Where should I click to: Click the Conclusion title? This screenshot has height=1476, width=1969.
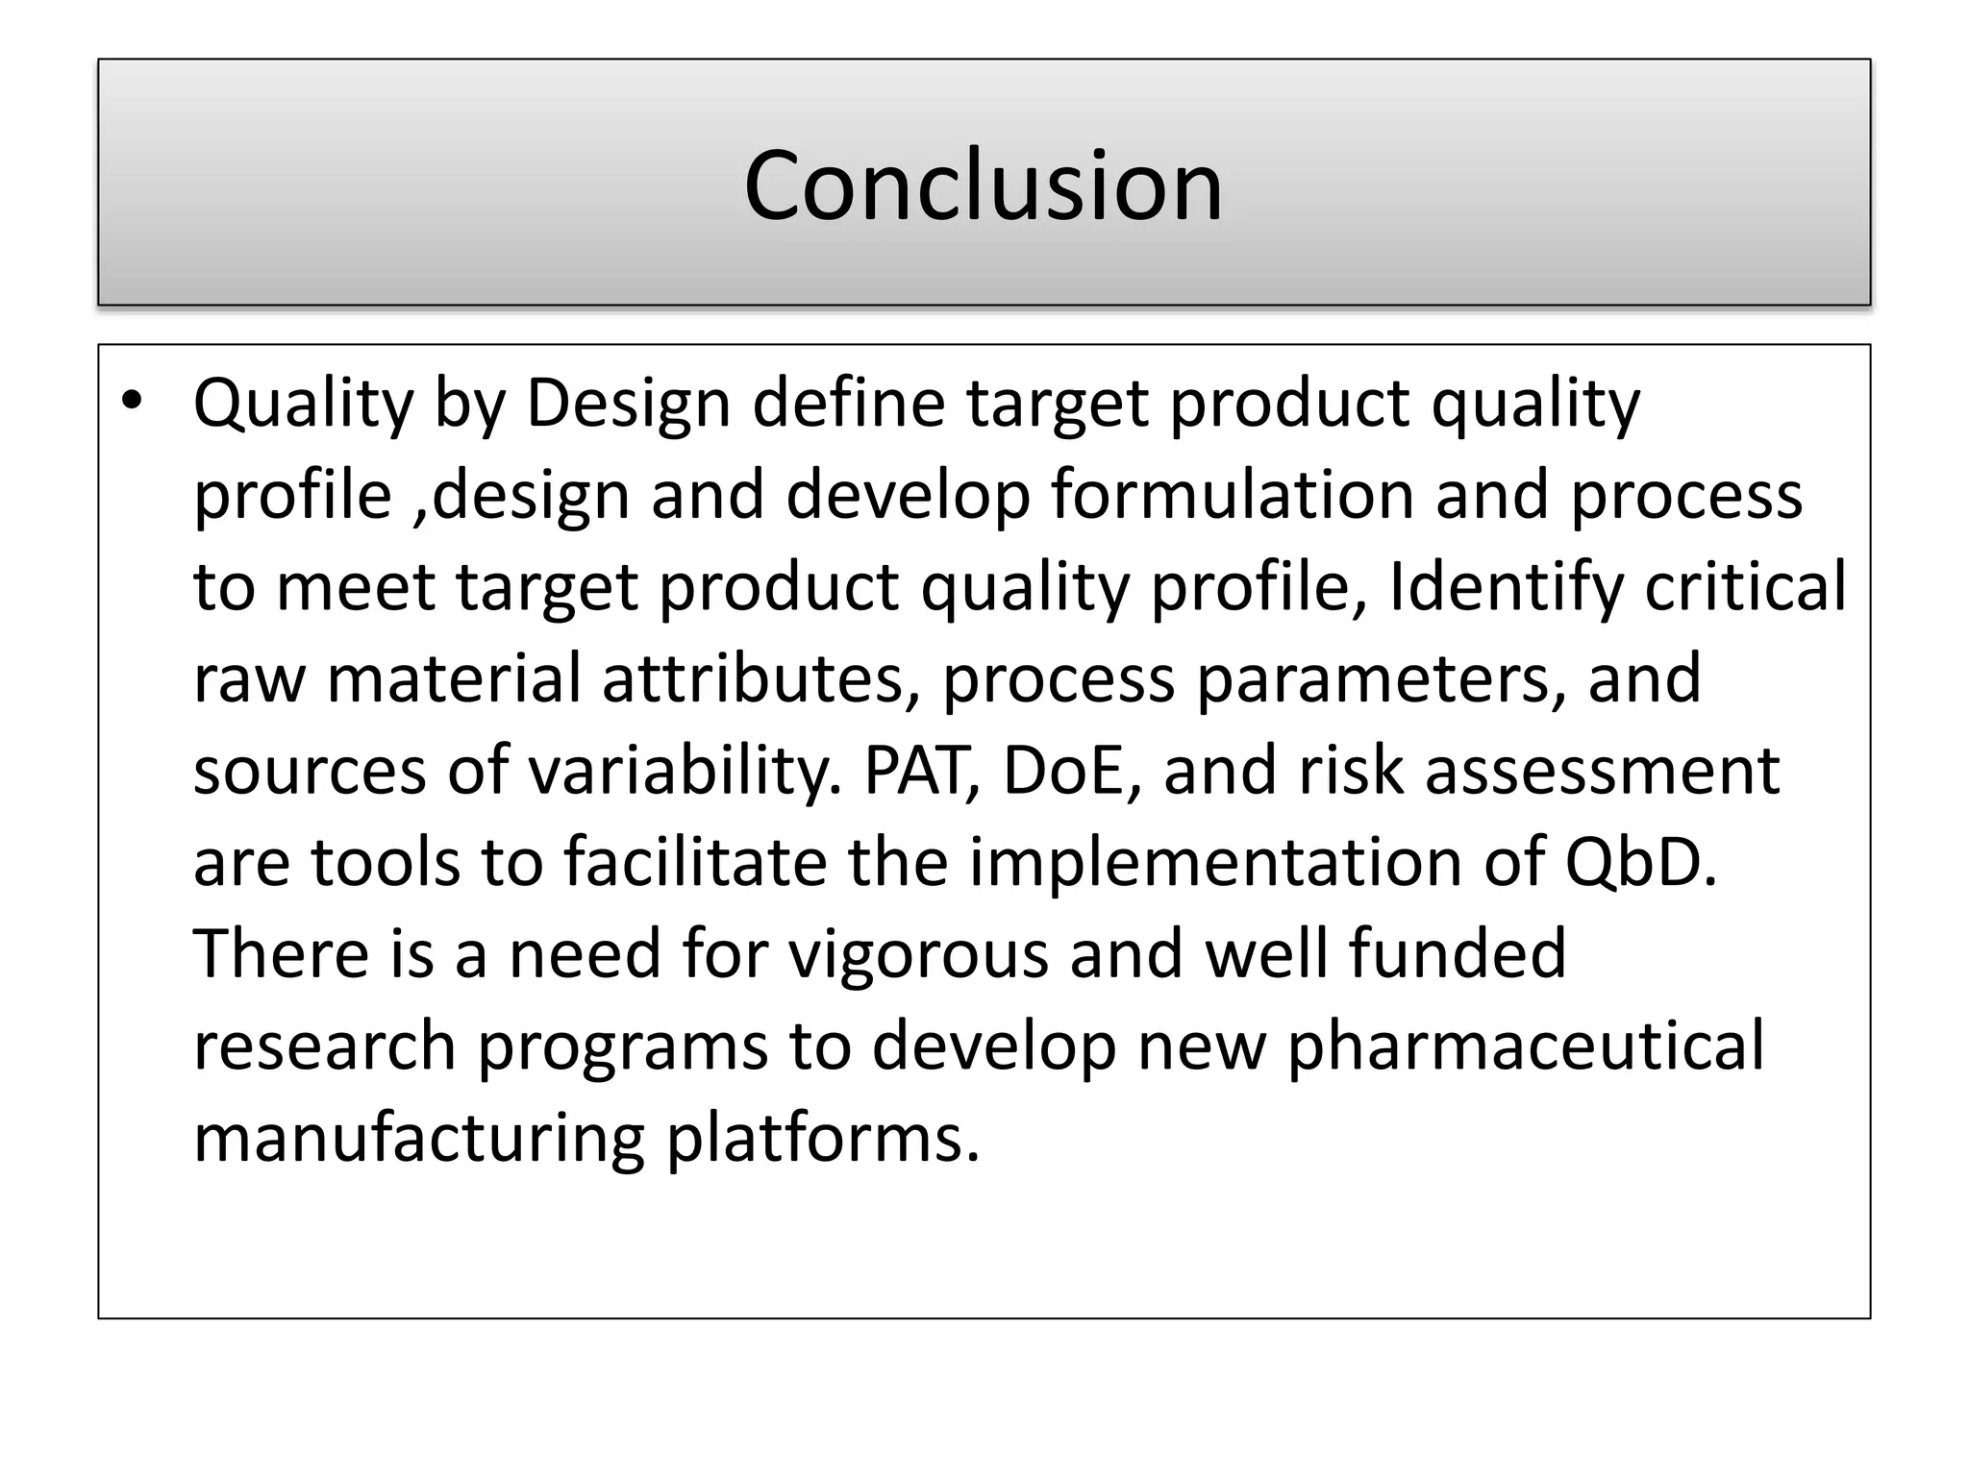[x=983, y=184]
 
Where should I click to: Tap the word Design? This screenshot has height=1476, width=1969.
[x=628, y=404]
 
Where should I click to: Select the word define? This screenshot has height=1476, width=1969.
[x=849, y=404]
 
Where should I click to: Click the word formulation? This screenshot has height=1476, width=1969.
[x=1232, y=496]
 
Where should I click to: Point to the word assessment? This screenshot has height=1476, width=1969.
[x=1602, y=771]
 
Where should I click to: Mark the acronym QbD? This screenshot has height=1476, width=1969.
[x=1640, y=862]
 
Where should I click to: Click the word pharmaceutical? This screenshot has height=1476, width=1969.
[x=1525, y=1046]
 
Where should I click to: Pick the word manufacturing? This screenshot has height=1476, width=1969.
[x=419, y=1139]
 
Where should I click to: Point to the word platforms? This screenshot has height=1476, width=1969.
[x=823, y=1139]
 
